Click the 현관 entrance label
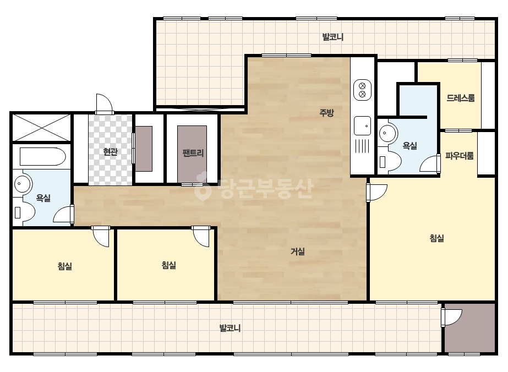[110, 152]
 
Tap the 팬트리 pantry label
[193, 152]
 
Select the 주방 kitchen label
[326, 113]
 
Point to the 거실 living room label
[297, 251]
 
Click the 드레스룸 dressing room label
[460, 98]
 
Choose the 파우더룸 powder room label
[460, 156]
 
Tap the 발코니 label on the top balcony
[333, 37]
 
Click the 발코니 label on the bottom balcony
[230, 329]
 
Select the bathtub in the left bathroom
[43, 156]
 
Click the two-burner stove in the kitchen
[362, 90]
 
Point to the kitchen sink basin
[363, 125]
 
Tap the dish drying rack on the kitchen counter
[362, 146]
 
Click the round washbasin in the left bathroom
[22, 184]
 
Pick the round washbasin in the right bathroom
[387, 133]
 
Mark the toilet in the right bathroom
[390, 162]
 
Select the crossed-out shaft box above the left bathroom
[41, 128]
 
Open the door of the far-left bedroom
[101, 237]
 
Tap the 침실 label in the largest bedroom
[436, 238]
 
